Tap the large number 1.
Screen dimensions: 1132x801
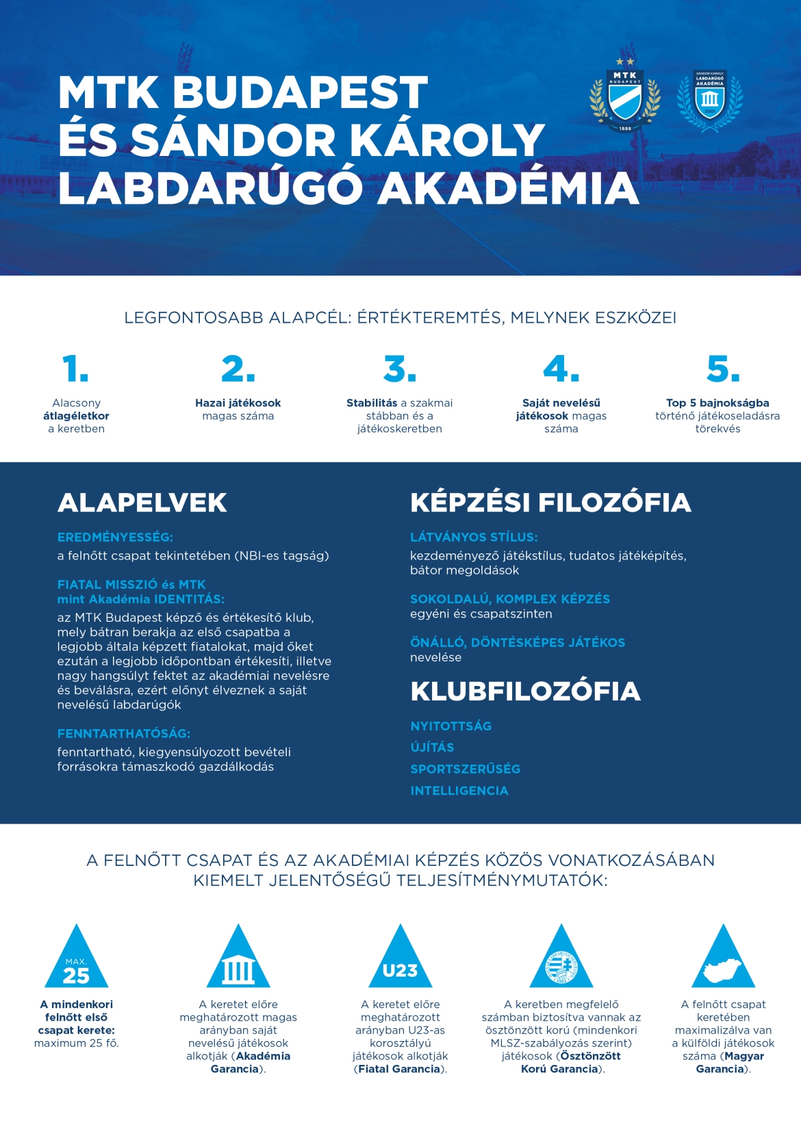[75, 369]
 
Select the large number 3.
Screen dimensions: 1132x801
[400, 369]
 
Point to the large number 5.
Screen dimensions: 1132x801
[723, 369]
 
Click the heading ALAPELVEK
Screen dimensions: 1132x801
[142, 503]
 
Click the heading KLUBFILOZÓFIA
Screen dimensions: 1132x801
[525, 692]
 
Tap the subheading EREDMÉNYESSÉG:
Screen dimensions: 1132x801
[115, 538]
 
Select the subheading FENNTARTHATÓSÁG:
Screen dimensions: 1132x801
[124, 733]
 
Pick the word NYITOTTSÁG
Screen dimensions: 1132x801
[451, 726]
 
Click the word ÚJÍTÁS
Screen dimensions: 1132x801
[432, 748]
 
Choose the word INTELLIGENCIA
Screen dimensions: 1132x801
[459, 791]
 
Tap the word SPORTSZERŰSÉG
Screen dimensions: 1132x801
[466, 769]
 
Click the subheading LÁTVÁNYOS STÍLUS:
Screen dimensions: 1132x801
[474, 538]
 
